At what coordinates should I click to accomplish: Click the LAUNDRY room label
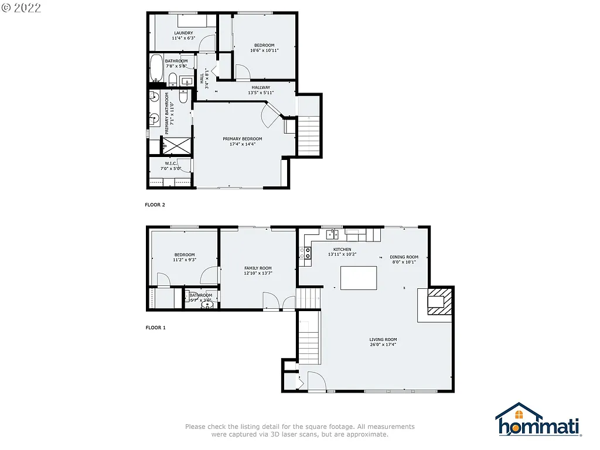183,33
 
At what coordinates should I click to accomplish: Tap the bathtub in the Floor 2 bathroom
156,69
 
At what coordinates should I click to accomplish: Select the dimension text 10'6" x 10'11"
264,50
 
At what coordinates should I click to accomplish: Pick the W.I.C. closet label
171,163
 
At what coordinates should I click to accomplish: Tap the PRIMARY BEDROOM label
242,139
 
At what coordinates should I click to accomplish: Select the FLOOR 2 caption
155,205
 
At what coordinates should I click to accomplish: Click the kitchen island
359,278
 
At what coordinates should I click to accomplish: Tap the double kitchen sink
332,235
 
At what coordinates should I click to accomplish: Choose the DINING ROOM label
404,257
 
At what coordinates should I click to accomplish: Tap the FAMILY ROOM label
258,268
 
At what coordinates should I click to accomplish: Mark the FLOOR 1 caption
155,328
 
